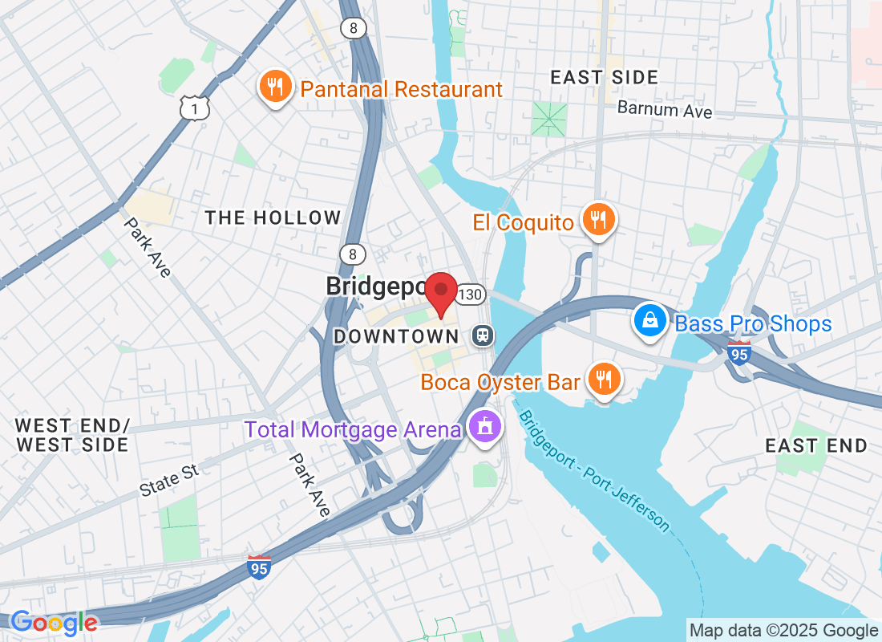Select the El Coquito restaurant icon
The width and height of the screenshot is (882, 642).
tap(597, 220)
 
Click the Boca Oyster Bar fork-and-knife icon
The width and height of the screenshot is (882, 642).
tap(602, 380)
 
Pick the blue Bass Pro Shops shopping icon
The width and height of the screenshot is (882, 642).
tap(650, 321)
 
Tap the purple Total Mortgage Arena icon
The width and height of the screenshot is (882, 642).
tap(483, 428)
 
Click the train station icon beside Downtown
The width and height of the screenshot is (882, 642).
tap(483, 335)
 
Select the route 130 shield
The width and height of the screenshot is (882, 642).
tap(471, 295)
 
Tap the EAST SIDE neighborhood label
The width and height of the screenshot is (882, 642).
tap(605, 78)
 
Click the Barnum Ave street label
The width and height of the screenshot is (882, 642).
tap(665, 109)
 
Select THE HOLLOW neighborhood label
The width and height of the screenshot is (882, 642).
tap(273, 217)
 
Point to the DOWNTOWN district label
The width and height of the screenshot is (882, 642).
tap(395, 336)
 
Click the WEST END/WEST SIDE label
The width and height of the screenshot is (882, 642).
tap(72, 434)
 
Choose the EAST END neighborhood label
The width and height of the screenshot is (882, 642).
tap(815, 445)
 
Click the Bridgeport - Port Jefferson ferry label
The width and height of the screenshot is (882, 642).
tap(593, 469)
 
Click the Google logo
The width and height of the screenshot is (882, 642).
tap(54, 622)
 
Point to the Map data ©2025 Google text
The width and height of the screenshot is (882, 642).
tap(783, 630)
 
